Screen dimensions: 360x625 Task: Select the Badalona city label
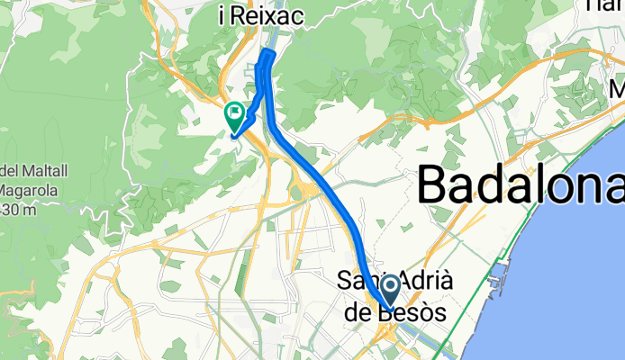521,184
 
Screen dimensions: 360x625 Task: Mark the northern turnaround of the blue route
267,56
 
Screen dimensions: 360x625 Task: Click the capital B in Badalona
437,184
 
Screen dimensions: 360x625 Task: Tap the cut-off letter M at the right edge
618,90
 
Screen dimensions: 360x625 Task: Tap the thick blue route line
329,188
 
